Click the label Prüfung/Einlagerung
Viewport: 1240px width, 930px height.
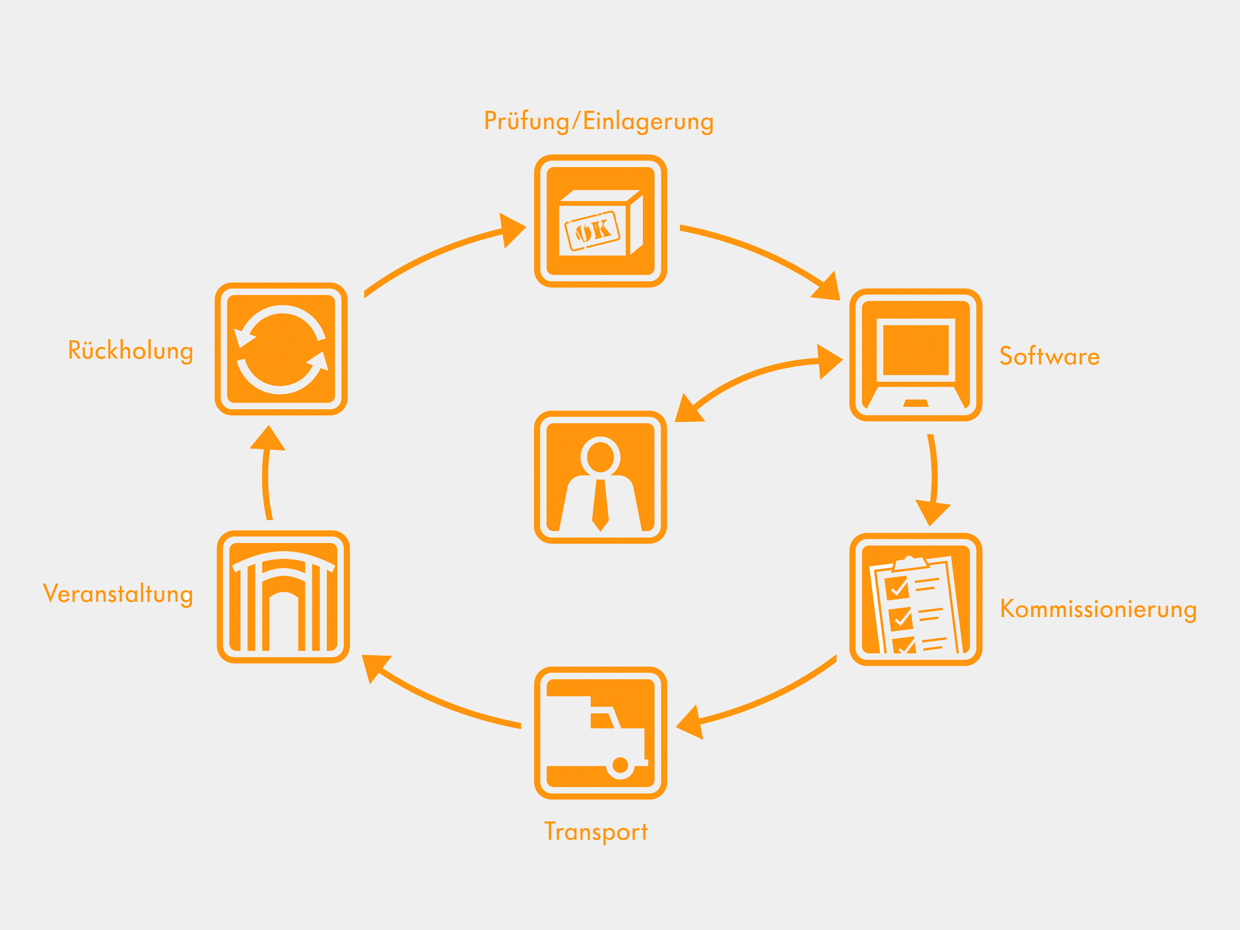[x=598, y=121]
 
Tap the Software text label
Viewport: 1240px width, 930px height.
[x=1049, y=356]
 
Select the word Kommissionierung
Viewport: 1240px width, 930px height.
[x=1098, y=608]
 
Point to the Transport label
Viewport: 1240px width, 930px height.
[x=596, y=831]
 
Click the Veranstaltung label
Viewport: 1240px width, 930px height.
[x=118, y=593]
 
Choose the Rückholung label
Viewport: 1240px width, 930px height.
[x=130, y=351]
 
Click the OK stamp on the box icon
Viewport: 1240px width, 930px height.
[x=592, y=231]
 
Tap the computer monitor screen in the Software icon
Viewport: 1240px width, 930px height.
[x=915, y=349]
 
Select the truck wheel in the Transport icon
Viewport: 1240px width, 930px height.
[x=620, y=765]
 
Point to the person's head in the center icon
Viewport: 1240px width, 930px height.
[x=600, y=455]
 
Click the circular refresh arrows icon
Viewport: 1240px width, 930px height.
[x=282, y=349]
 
